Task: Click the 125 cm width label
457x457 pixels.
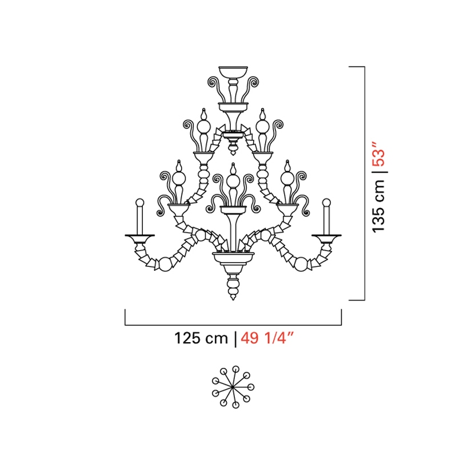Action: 201,338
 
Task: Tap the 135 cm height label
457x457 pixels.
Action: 379,206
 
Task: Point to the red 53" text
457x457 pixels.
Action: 379,154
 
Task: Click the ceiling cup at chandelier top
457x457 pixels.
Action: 233,72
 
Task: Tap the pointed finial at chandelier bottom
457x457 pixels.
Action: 233,297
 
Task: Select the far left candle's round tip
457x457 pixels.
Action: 140,203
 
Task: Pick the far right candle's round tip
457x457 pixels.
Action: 326,203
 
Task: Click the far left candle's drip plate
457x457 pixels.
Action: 140,236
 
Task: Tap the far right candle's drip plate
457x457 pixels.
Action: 326,236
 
